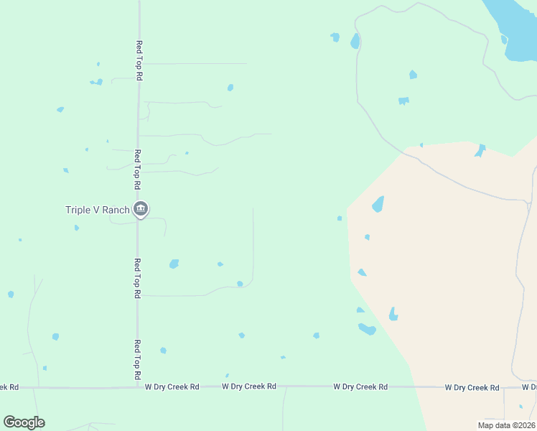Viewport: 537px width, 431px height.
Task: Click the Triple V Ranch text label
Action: (x=97, y=210)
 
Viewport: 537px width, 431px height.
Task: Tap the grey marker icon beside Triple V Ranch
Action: (x=141, y=209)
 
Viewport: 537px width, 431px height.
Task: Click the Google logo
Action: (x=24, y=422)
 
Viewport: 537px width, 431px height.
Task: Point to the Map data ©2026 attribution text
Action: (x=505, y=425)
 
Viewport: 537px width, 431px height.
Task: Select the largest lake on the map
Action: (x=514, y=29)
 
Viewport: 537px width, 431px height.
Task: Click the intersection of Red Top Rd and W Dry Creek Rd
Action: (x=138, y=387)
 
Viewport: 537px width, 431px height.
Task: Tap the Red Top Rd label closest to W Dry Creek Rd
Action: (x=137, y=360)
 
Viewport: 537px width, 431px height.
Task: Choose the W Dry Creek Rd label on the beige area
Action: (x=472, y=388)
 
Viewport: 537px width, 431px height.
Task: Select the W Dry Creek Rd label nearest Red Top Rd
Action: (x=172, y=386)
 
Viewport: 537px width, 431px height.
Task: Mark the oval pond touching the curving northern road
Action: (x=355, y=42)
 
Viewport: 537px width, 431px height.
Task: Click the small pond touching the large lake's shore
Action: (x=504, y=39)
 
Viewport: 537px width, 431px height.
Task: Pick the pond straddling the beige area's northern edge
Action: (x=480, y=150)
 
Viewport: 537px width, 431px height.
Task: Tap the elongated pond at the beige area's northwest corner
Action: (x=378, y=204)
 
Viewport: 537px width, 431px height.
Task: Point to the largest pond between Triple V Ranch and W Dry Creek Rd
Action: (x=174, y=264)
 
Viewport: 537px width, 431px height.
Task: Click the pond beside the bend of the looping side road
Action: (x=240, y=284)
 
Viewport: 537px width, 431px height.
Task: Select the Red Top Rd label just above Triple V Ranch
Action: (x=137, y=169)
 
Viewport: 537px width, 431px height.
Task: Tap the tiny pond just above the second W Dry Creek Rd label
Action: (x=227, y=375)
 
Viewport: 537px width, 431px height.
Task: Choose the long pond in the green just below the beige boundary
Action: (x=367, y=329)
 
